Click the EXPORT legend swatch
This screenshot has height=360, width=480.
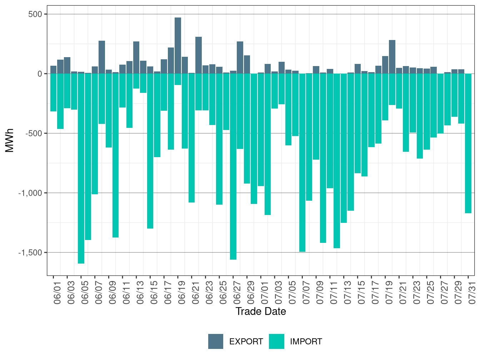coord(216,341)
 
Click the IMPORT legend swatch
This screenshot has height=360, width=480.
coord(277,341)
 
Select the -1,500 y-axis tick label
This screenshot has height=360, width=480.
coord(30,252)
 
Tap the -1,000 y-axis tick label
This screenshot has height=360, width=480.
coord(30,193)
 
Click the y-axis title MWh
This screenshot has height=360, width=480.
coord(10,141)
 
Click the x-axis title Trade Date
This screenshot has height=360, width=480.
coord(261,311)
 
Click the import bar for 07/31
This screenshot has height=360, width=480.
coord(468,143)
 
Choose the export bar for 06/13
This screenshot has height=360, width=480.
coord(136,57)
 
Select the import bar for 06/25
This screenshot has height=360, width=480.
coord(219,139)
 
